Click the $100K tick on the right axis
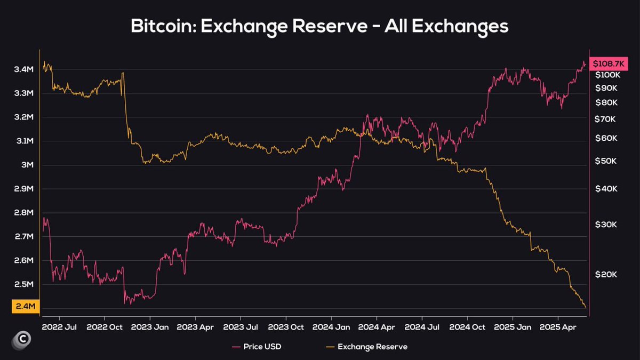click(606, 75)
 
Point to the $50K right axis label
click(606, 161)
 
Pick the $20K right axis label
click(606, 274)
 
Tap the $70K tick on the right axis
click(606, 119)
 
